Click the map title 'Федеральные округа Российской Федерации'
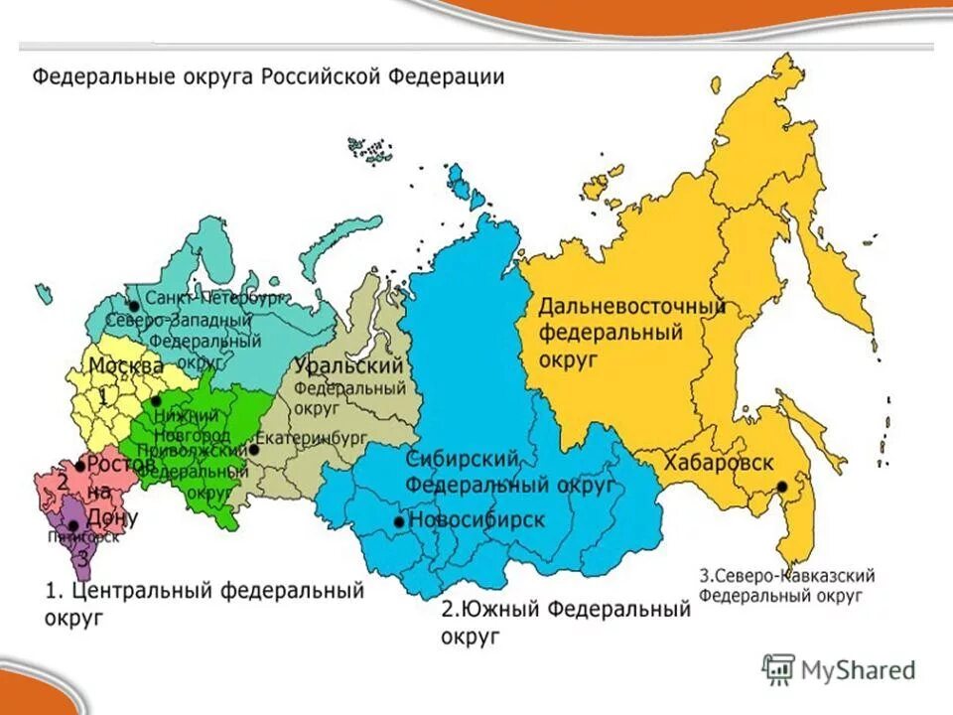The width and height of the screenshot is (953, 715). pyautogui.click(x=268, y=76)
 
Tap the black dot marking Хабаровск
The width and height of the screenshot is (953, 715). pyautogui.click(x=782, y=487)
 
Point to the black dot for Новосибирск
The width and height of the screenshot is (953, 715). pyautogui.click(x=399, y=521)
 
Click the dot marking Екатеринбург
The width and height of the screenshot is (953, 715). pyautogui.click(x=254, y=449)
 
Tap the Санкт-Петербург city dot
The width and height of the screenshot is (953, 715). pyautogui.click(x=133, y=307)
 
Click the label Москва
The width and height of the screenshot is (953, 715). pyautogui.click(x=126, y=366)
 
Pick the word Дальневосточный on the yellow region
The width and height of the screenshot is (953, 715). pyautogui.click(x=632, y=307)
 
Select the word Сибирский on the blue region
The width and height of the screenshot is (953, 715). pyautogui.click(x=463, y=459)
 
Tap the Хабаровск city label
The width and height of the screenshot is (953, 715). pyautogui.click(x=719, y=464)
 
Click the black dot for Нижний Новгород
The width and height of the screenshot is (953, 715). pyautogui.click(x=156, y=402)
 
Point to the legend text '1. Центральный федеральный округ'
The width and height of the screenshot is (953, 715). pyautogui.click(x=204, y=603)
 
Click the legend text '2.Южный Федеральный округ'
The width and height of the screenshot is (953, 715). pyautogui.click(x=565, y=621)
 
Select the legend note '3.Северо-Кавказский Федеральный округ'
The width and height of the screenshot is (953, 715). pyautogui.click(x=786, y=585)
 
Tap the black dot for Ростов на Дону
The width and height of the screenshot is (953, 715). pyautogui.click(x=80, y=466)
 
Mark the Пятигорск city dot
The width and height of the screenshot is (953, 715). pyautogui.click(x=72, y=526)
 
